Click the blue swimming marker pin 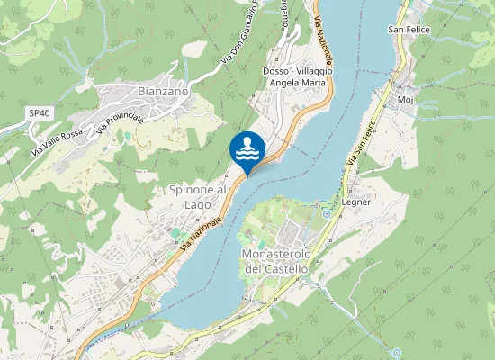[x=247, y=149]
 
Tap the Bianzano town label [x=164, y=91]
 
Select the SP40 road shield [x=37, y=112]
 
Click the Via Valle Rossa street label [x=58, y=141]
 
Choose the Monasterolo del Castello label [x=275, y=261]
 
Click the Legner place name [x=356, y=202]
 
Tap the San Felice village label [x=409, y=30]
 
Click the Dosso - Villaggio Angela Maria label [x=298, y=76]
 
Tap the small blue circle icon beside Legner [x=327, y=214]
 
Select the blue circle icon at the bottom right [x=395, y=352]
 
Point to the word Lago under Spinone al [x=197, y=204]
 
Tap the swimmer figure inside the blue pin [x=247, y=146]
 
